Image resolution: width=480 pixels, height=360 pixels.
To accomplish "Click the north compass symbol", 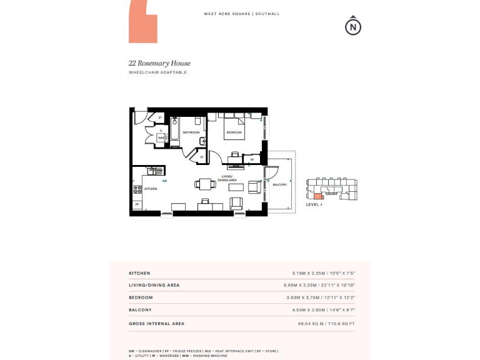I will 354,26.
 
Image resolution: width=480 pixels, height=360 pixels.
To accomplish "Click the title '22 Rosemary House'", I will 159,63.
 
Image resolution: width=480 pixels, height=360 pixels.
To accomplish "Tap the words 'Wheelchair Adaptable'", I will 157,72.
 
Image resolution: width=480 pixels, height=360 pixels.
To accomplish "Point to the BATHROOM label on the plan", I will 191,132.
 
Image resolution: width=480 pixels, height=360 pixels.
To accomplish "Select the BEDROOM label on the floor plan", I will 234,133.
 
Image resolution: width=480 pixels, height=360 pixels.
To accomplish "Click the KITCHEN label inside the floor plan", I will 151,188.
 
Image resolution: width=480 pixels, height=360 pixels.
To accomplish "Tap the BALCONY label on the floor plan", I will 279,184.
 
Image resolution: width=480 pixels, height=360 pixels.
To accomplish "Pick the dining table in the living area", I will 205,184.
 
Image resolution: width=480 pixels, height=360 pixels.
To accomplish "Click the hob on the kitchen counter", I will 137,189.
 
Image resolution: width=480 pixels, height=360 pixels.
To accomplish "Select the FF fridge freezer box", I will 137,204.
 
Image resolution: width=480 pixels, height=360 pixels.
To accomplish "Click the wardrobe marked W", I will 251,159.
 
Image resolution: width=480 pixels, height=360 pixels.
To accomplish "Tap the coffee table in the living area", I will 236,186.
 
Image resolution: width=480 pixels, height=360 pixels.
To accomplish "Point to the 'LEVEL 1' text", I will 314,205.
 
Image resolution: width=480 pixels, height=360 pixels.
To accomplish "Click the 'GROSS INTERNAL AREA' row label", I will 156,324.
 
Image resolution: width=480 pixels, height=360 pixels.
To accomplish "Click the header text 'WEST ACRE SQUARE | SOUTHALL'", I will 242,14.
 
